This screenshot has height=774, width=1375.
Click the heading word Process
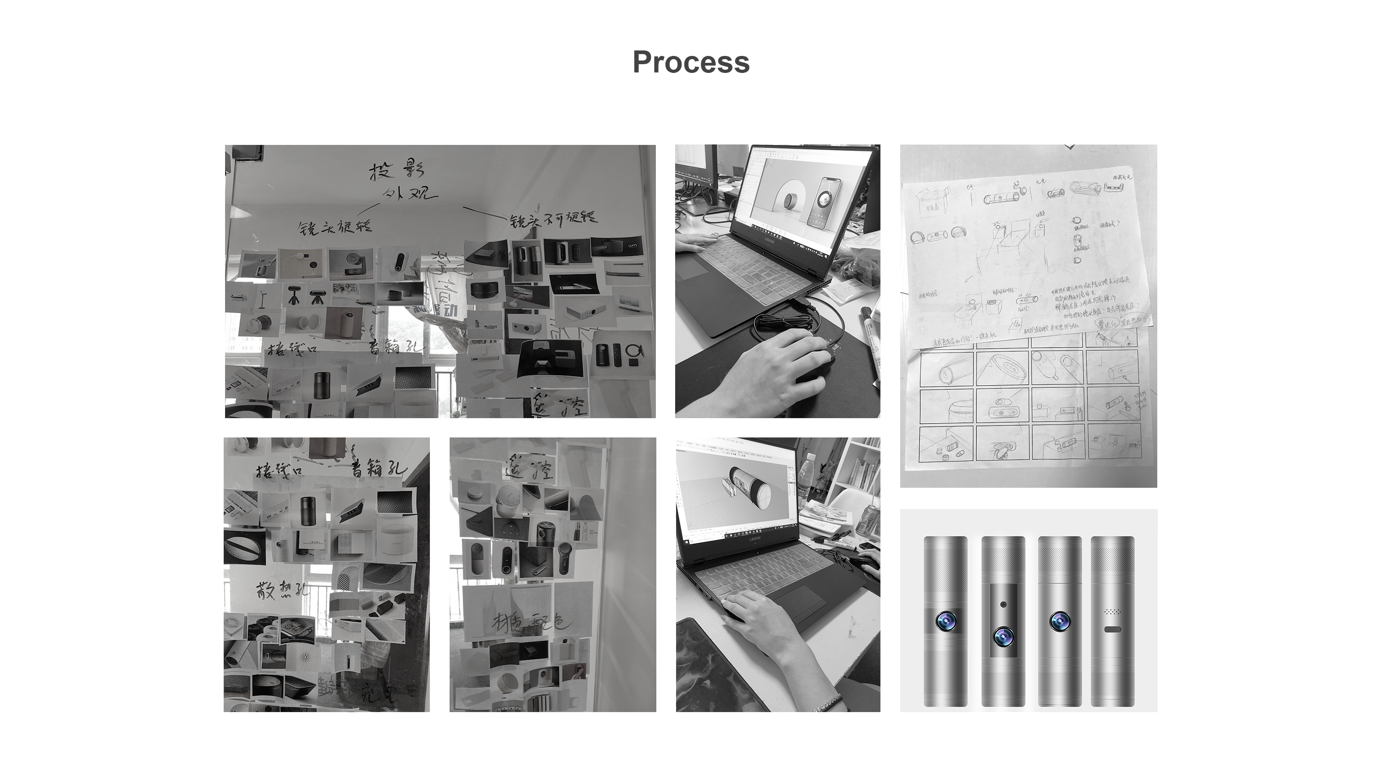[691, 62]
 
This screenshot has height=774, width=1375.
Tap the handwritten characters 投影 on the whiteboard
[397, 171]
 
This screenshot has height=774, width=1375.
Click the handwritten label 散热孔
[281, 592]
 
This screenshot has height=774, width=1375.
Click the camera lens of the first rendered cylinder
[946, 621]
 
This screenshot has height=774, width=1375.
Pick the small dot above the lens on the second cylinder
[1003, 604]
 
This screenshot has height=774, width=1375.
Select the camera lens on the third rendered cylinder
[1059, 621]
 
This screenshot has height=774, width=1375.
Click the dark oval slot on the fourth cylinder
[1112, 630]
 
